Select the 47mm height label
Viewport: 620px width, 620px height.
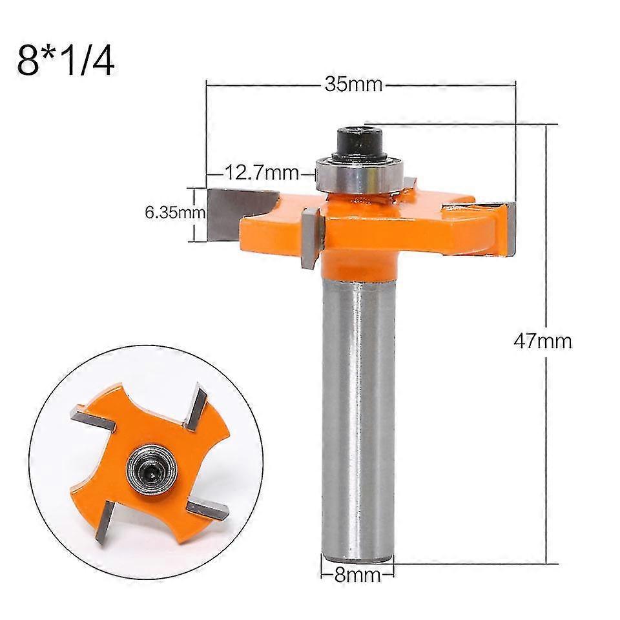coord(542,340)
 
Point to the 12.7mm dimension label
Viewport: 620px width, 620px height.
coord(262,172)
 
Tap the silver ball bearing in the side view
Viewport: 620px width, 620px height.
coord(359,174)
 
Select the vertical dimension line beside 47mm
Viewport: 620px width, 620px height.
coord(547,258)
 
